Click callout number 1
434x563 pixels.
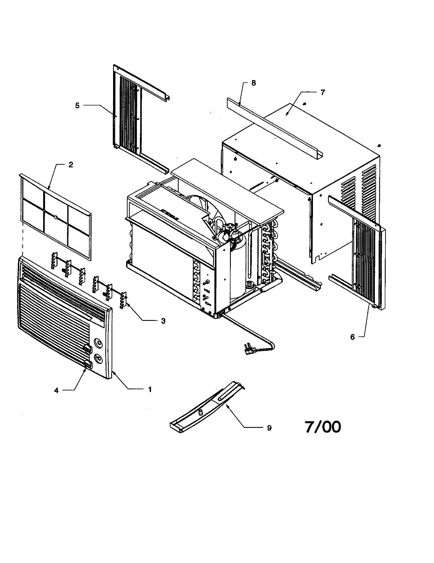coord(150,389)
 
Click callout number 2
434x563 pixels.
coord(70,165)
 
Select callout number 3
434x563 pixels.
coord(163,321)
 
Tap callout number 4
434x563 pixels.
coord(56,390)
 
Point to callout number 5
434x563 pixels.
coord(77,106)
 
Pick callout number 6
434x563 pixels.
coord(352,336)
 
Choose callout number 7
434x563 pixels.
coord(322,92)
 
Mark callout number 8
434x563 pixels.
coord(253,83)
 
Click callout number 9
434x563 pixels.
coord(269,427)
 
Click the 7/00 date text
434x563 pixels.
coord(323,427)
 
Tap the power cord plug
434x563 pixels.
coord(249,349)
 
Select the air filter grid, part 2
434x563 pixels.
coord(56,216)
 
